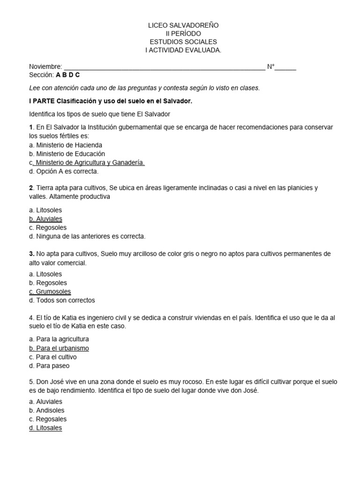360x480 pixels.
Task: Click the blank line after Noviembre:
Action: click(x=164, y=67)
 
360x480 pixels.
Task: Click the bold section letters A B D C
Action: click(x=67, y=75)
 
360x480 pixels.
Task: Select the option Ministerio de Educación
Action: click(x=67, y=154)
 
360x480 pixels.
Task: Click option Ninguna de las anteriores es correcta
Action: click(x=87, y=236)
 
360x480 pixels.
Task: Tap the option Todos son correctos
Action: click(x=62, y=300)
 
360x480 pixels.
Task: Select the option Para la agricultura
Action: click(x=59, y=339)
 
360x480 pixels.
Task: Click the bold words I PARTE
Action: click(x=42, y=101)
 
